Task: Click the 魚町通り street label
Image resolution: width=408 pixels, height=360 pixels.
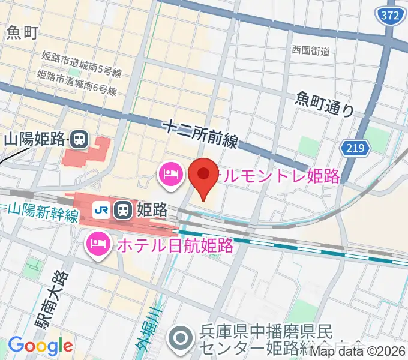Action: point(325,103)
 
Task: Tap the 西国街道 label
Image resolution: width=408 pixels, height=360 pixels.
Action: point(311,52)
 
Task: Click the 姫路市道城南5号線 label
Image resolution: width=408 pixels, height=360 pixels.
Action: point(82,64)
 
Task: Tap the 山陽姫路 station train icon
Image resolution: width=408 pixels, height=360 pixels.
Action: point(79,140)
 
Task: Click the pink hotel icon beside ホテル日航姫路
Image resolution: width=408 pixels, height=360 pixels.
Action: point(96,244)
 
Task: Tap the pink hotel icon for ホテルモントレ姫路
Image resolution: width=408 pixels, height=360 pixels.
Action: point(168,175)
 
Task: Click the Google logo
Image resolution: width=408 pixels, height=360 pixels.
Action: point(40,346)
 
